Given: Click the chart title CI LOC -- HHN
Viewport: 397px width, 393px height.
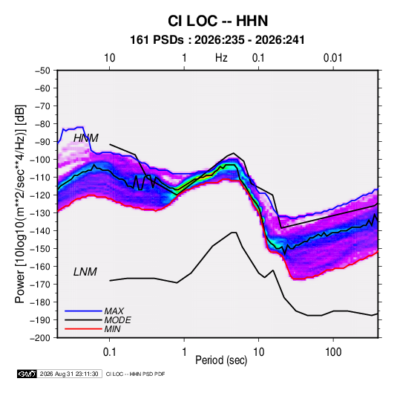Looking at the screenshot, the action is pos(217,21).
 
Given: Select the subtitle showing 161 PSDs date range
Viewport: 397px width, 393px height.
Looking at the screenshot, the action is pos(217,40).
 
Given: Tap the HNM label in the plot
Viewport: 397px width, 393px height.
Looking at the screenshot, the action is pos(86,138).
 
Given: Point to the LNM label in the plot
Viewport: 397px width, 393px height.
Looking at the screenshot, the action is pos(85,272).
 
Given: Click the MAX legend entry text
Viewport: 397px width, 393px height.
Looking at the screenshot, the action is pos(114,311).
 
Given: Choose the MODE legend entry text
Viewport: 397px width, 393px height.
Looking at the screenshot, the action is pos(117,320).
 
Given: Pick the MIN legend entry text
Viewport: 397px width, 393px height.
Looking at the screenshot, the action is pos(112,329).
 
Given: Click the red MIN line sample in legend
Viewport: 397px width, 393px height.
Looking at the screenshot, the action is pos(83,329).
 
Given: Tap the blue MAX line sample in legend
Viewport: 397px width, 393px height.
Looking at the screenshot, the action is pos(83,311).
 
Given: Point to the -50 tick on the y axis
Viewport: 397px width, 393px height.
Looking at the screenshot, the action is pos(42,71).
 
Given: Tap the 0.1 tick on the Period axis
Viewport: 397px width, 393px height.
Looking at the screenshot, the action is pos(109,352).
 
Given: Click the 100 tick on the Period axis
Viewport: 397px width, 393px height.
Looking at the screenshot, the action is pos(333,352).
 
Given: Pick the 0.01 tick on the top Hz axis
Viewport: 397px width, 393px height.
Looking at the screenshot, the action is pos(332,58).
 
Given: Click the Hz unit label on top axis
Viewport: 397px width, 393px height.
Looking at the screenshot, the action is pos(221,58).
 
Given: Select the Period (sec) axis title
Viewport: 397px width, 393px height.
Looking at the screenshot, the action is pos(221,360).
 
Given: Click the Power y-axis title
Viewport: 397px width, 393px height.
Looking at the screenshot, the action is pos(20,204).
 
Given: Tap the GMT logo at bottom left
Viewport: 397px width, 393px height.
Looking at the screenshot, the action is pos(27,374).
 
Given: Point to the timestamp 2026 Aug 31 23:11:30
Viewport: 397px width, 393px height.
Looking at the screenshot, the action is pos(69,374).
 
